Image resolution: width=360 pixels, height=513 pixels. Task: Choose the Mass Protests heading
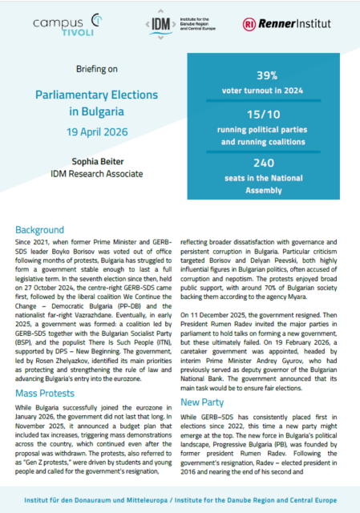tap(50, 371)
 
